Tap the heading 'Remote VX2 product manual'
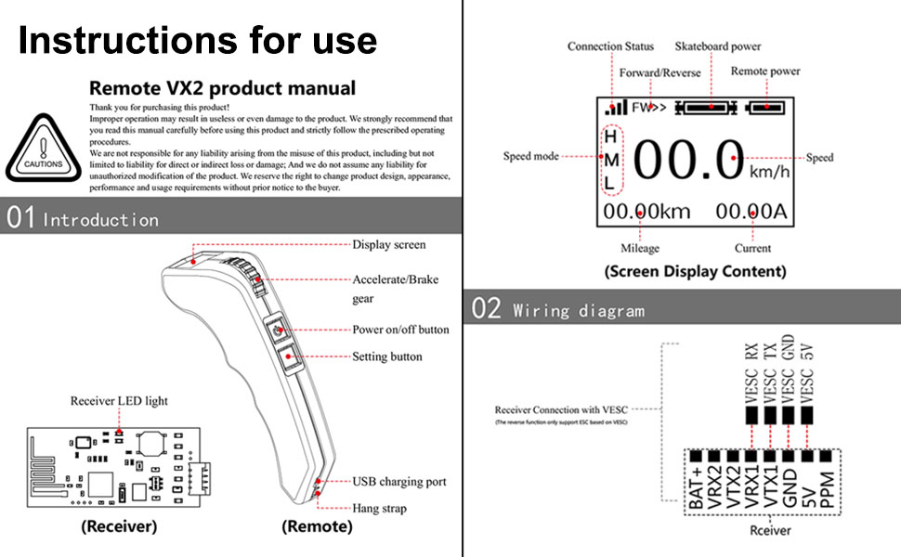tap(222, 89)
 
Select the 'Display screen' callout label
tap(388, 245)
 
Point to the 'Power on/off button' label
tap(400, 330)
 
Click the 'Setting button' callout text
tap(386, 356)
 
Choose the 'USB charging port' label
tap(399, 482)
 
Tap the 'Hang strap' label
tap(379, 509)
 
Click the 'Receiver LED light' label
tap(119, 401)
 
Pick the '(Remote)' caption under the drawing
tap(317, 526)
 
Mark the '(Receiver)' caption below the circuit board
tap(119, 526)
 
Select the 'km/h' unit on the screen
tap(769, 173)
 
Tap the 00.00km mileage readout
tap(646, 212)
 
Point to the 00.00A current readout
tap(751, 212)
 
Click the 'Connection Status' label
tap(610, 46)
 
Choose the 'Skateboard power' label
tap(718, 46)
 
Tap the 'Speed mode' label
tap(530, 156)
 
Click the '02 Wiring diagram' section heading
tap(558, 310)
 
